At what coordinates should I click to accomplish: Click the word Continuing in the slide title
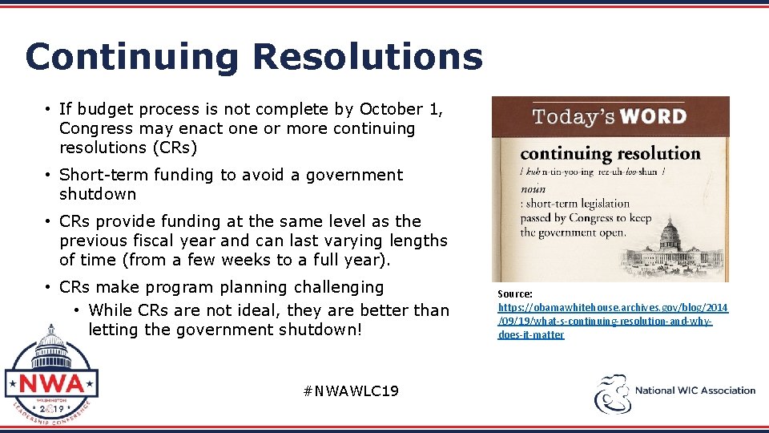[131, 58]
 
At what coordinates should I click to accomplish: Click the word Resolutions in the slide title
[368, 58]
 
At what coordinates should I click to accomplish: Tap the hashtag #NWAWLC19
[351, 391]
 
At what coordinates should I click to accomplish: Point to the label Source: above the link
[515, 294]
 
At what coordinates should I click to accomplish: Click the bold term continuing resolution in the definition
[610, 153]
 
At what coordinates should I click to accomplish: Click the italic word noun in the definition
[533, 189]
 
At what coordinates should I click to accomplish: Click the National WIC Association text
[695, 391]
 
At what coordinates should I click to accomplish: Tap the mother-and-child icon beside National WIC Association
[611, 394]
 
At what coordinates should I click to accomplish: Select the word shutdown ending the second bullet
[98, 194]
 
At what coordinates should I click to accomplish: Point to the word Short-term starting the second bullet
[103, 175]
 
